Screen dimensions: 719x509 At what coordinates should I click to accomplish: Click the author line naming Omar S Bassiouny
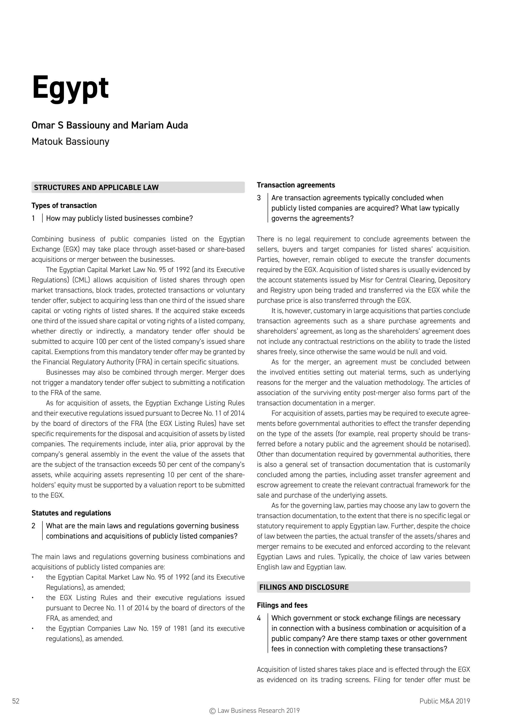tap(110, 125)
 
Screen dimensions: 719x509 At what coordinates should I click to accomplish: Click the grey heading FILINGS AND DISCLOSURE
tap(304, 587)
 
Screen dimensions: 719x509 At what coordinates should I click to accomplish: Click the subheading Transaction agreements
tap(296, 185)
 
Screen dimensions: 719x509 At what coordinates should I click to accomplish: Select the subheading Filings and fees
tap(282, 605)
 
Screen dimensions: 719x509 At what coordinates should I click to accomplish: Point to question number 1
tap(33, 218)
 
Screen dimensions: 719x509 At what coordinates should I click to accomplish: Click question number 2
tap(34, 526)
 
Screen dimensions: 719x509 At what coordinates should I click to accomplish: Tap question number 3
tap(259, 198)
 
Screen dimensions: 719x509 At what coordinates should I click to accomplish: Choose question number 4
tap(259, 618)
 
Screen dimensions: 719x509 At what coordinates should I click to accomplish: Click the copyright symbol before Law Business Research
tap(212, 711)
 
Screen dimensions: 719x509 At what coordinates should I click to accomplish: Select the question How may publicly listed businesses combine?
tap(119, 218)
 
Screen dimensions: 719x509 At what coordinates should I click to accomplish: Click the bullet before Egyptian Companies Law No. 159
tap(33, 628)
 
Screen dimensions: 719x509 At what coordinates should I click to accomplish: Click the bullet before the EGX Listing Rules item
tap(33, 598)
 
